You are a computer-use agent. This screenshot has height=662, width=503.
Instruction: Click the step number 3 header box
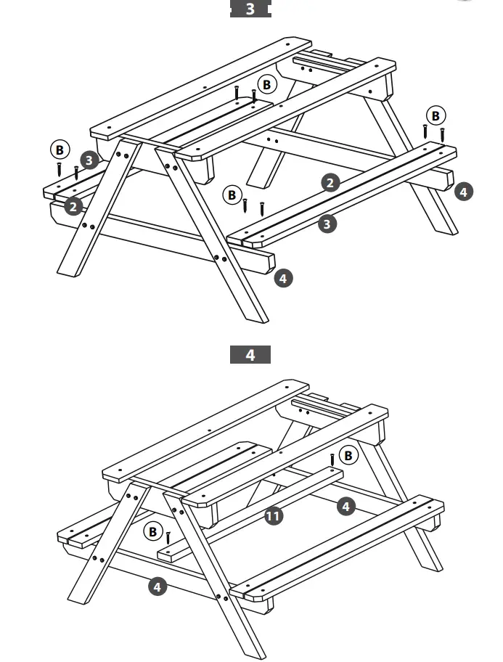click(250, 9)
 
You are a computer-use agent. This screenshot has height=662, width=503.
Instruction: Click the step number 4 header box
click(250, 355)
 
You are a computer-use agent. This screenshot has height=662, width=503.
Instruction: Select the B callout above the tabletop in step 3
click(267, 85)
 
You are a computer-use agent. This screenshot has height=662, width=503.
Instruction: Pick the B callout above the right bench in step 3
click(435, 115)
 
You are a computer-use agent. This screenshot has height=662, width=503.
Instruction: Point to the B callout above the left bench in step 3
click(59, 150)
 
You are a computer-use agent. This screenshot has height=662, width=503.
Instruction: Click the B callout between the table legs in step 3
click(232, 195)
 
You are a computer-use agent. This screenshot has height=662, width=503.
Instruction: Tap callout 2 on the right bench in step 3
click(331, 182)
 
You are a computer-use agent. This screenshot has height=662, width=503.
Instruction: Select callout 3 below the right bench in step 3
click(327, 224)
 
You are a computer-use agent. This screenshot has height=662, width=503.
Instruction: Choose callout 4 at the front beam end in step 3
click(284, 277)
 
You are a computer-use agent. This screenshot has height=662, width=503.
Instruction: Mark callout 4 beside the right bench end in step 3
click(463, 192)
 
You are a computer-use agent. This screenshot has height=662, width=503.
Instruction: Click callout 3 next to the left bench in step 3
click(89, 160)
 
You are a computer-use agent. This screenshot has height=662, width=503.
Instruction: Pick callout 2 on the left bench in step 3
click(73, 207)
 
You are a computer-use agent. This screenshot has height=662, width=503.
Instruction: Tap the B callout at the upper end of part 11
click(349, 455)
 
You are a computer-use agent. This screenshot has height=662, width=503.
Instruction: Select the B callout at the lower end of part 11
click(152, 532)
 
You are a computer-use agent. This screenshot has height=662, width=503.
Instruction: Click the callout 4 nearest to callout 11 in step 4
click(346, 506)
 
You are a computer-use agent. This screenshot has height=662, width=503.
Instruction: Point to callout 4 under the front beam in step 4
click(158, 586)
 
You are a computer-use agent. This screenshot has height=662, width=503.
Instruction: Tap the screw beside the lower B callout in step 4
click(168, 538)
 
